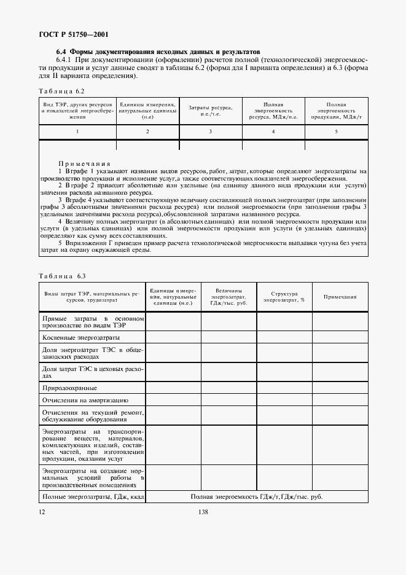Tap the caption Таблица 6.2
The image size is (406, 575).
coord(62,90)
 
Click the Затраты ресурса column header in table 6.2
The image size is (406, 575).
coord(209,111)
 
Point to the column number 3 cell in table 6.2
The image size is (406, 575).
coord(210,132)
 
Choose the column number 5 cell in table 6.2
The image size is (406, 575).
coord(336,132)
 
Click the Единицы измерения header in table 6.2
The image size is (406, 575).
coord(147,111)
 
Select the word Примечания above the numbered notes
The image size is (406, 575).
coord(85,164)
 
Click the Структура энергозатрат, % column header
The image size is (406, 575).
coord(284,297)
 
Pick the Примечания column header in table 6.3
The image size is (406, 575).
coord(340,297)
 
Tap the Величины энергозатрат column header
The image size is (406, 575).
coord(228,297)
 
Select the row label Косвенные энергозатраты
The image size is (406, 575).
coord(81,338)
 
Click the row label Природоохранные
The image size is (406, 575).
coord(69,388)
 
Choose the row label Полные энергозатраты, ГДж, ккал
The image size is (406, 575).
coord(92,496)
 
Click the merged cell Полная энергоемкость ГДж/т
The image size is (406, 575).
coord(256,496)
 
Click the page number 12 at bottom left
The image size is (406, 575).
coord(42,512)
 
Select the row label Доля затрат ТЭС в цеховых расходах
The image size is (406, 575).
coord(92,372)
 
